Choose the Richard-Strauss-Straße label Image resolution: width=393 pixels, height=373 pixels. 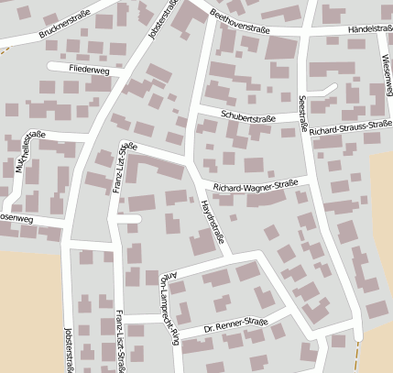[x=350, y=128]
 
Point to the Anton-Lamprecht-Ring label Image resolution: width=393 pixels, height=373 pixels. [x=168, y=293]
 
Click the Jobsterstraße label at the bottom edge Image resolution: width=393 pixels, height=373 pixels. [x=67, y=351]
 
